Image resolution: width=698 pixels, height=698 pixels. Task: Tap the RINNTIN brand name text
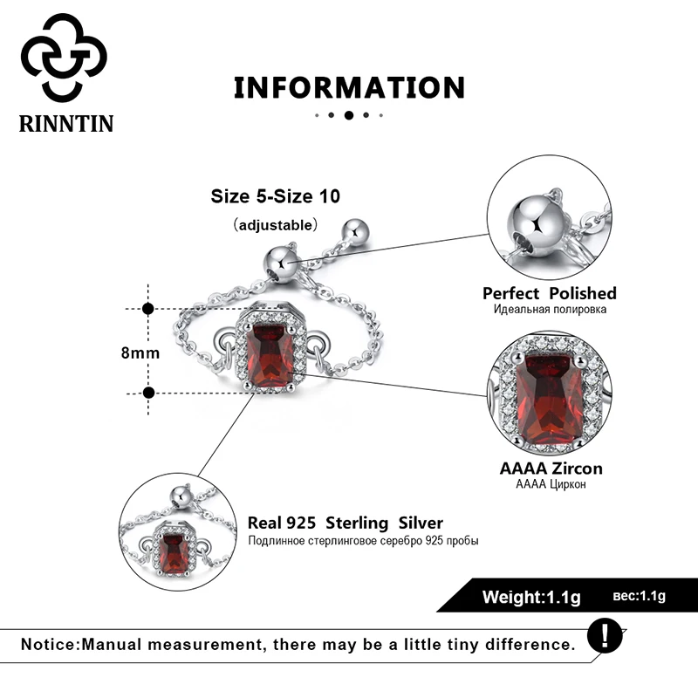(66, 123)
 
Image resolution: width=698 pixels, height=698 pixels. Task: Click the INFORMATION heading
(349, 87)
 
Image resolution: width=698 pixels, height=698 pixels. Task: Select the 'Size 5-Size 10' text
(275, 196)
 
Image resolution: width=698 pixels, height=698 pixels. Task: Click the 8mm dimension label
(140, 352)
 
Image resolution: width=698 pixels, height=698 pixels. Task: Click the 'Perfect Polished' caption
(549, 294)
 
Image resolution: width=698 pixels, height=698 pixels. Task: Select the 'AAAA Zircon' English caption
(551, 469)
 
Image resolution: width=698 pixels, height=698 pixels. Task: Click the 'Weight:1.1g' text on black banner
(531, 598)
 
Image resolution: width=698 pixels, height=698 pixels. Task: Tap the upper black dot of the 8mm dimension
(148, 309)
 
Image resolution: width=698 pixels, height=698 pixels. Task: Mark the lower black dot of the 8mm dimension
(148, 393)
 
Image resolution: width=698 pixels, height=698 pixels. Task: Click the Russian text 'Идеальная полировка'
(549, 310)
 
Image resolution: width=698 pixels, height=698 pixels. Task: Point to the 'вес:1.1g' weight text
(639, 597)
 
